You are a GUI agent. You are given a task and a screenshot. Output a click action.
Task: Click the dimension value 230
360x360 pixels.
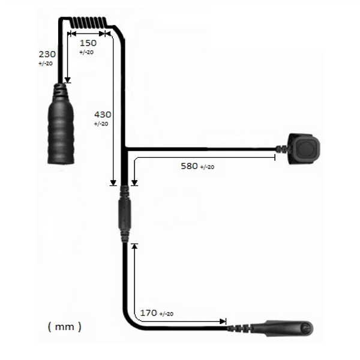pyautogui.click(x=47, y=55)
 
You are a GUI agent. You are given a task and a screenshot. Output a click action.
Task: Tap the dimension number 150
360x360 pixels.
pyautogui.click(x=88, y=43)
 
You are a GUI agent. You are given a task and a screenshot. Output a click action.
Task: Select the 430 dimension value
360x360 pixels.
pyautogui.click(x=103, y=115)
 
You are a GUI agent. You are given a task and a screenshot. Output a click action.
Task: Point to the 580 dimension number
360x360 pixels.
pyautogui.click(x=189, y=166)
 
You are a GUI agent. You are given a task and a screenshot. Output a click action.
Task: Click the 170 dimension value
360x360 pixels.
pyautogui.click(x=149, y=313)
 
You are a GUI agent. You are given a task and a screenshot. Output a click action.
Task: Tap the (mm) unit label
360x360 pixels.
pyautogui.click(x=65, y=326)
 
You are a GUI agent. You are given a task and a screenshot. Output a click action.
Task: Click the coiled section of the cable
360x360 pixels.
pyautogui.click(x=88, y=23)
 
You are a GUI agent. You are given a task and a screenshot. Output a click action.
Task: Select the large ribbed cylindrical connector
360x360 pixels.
pyautogui.click(x=61, y=124)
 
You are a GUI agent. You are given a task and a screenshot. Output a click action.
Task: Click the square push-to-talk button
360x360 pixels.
pyautogui.click(x=304, y=149)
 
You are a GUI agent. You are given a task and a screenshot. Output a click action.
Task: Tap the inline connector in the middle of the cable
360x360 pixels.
pyautogui.click(x=125, y=214)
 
